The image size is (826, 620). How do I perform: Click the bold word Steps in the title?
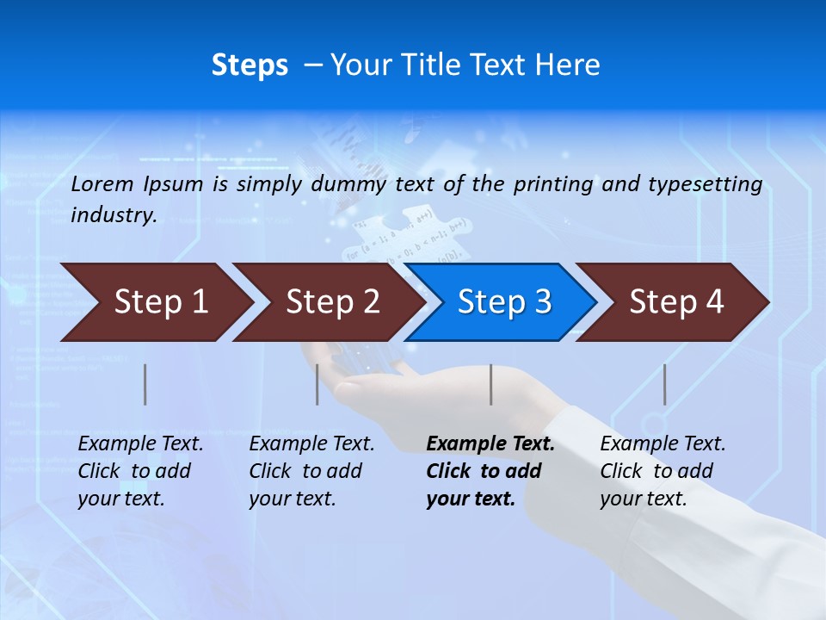(250, 65)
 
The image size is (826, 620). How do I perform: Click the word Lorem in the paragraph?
(102, 184)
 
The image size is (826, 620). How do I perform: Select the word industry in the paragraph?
(114, 215)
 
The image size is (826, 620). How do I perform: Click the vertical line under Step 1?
(145, 384)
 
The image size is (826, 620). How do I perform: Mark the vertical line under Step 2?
(317, 384)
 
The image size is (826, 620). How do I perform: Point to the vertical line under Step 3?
(491, 384)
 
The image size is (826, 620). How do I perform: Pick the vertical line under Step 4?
(665, 384)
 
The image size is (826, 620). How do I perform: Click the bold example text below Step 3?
(490, 471)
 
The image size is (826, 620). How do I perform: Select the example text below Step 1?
(140, 471)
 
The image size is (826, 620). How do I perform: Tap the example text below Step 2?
(311, 471)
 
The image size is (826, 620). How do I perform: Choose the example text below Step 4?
(663, 471)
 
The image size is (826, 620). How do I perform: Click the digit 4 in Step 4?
(714, 302)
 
